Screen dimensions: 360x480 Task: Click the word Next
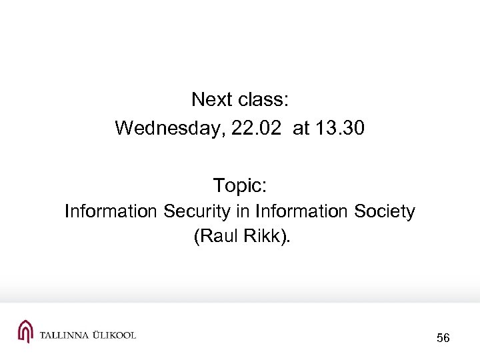(x=210, y=100)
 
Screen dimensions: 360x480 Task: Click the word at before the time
(x=301, y=128)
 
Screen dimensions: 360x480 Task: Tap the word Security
(x=197, y=212)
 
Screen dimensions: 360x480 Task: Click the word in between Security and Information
(x=242, y=212)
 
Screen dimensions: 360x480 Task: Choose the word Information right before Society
(x=300, y=212)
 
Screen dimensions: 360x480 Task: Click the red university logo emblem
(x=25, y=331)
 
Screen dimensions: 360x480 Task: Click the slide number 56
(x=443, y=339)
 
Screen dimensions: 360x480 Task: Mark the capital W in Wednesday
(x=123, y=128)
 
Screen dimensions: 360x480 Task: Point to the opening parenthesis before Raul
(x=196, y=237)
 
